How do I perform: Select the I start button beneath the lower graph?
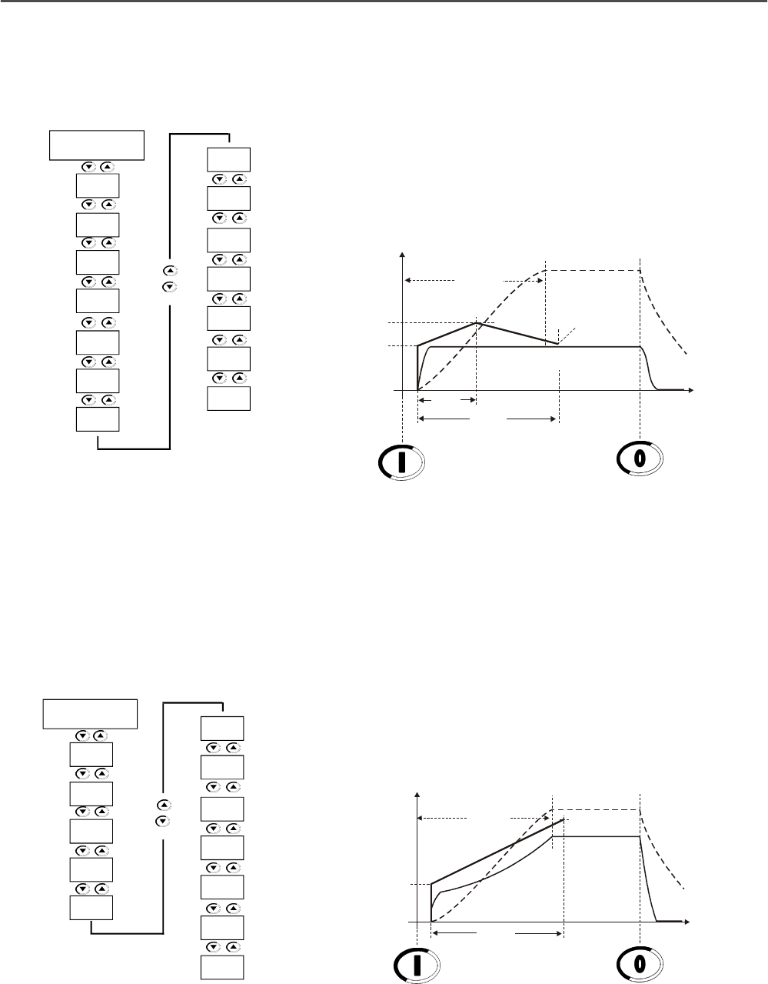coord(416,966)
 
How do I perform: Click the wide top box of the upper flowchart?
coord(97,145)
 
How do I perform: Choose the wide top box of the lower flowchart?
coord(91,713)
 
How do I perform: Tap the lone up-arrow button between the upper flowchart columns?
coord(171,271)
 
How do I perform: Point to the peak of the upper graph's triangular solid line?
coord(477,322)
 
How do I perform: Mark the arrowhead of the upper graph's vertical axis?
coord(402,254)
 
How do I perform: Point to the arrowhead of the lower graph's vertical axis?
coord(417,794)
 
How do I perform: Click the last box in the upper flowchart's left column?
coord(98,419)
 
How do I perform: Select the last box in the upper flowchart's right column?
coord(228,399)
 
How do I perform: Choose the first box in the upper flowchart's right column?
coord(228,158)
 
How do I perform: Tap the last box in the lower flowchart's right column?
coord(222,967)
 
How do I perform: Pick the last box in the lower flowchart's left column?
coord(91,908)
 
